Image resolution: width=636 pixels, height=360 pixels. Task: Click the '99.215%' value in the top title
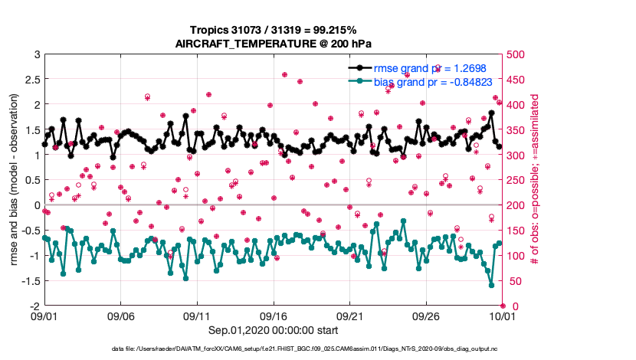click(332, 29)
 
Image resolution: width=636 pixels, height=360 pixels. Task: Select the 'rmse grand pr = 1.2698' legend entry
click(429, 67)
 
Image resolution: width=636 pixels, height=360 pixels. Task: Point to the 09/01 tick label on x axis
click(44, 316)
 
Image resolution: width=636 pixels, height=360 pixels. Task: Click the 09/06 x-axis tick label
click(120, 316)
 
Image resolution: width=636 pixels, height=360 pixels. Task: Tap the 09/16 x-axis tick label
click(274, 316)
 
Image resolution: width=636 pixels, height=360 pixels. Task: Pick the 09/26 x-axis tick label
click(426, 316)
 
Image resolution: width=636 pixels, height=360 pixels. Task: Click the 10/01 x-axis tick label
click(502, 316)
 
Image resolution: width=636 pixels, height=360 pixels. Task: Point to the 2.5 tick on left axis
click(31, 80)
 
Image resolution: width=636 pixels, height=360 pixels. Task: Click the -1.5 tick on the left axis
click(30, 281)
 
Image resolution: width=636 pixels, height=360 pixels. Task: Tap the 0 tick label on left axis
click(35, 205)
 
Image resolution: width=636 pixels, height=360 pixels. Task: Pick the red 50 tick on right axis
click(513, 281)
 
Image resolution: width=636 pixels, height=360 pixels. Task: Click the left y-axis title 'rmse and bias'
click(15, 181)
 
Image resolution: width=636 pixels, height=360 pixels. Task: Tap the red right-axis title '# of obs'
click(536, 181)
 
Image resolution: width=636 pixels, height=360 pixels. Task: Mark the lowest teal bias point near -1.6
click(491, 285)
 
